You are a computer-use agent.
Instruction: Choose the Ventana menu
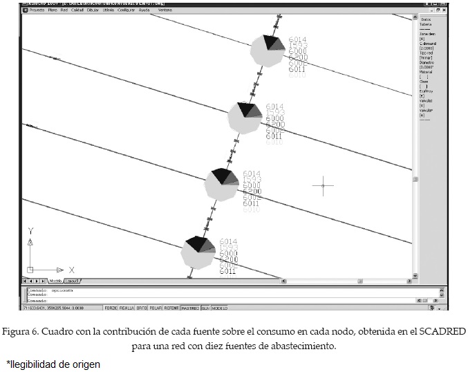point(166,11)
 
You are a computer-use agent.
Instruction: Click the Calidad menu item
point(77,11)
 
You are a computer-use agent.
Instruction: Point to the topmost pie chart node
point(267,50)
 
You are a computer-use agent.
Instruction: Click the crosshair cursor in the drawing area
point(323,185)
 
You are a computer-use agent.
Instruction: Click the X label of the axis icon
point(71,270)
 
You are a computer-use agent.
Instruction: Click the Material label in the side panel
point(426,71)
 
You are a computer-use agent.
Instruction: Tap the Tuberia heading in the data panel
point(426,24)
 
